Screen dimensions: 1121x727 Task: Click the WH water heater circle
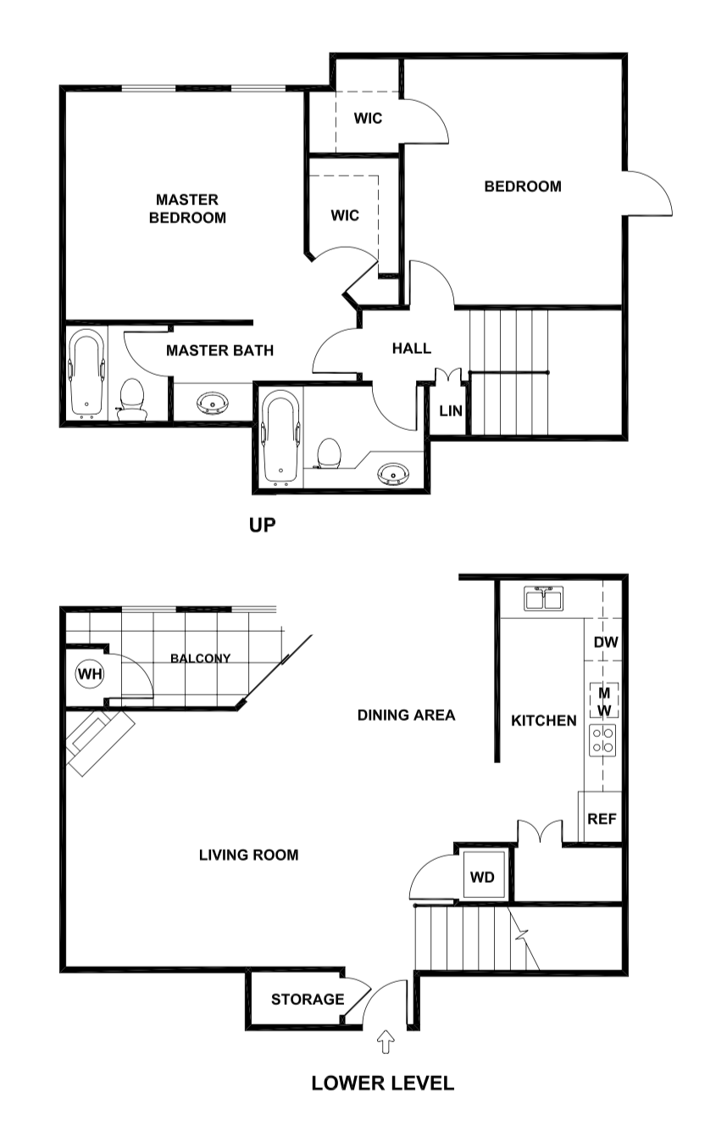(89, 674)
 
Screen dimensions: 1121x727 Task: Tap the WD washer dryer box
(482, 877)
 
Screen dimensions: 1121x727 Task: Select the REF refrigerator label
(602, 819)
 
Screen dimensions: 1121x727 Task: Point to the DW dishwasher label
(605, 643)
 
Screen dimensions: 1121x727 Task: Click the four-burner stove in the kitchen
(603, 739)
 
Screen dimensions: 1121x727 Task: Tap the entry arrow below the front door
(386, 1041)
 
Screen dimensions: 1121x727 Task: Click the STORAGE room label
(308, 1000)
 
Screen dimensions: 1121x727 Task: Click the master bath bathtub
(86, 373)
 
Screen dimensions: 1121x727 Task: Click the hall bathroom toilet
(327, 454)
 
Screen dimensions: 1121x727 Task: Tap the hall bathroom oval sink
(391, 472)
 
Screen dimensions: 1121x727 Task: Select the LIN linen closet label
(451, 411)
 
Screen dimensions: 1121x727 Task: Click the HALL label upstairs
(412, 349)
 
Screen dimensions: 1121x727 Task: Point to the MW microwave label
(604, 700)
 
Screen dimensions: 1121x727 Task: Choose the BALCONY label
(200, 658)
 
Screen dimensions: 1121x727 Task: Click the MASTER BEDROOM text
(187, 209)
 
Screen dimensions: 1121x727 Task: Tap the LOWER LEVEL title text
(382, 1083)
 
